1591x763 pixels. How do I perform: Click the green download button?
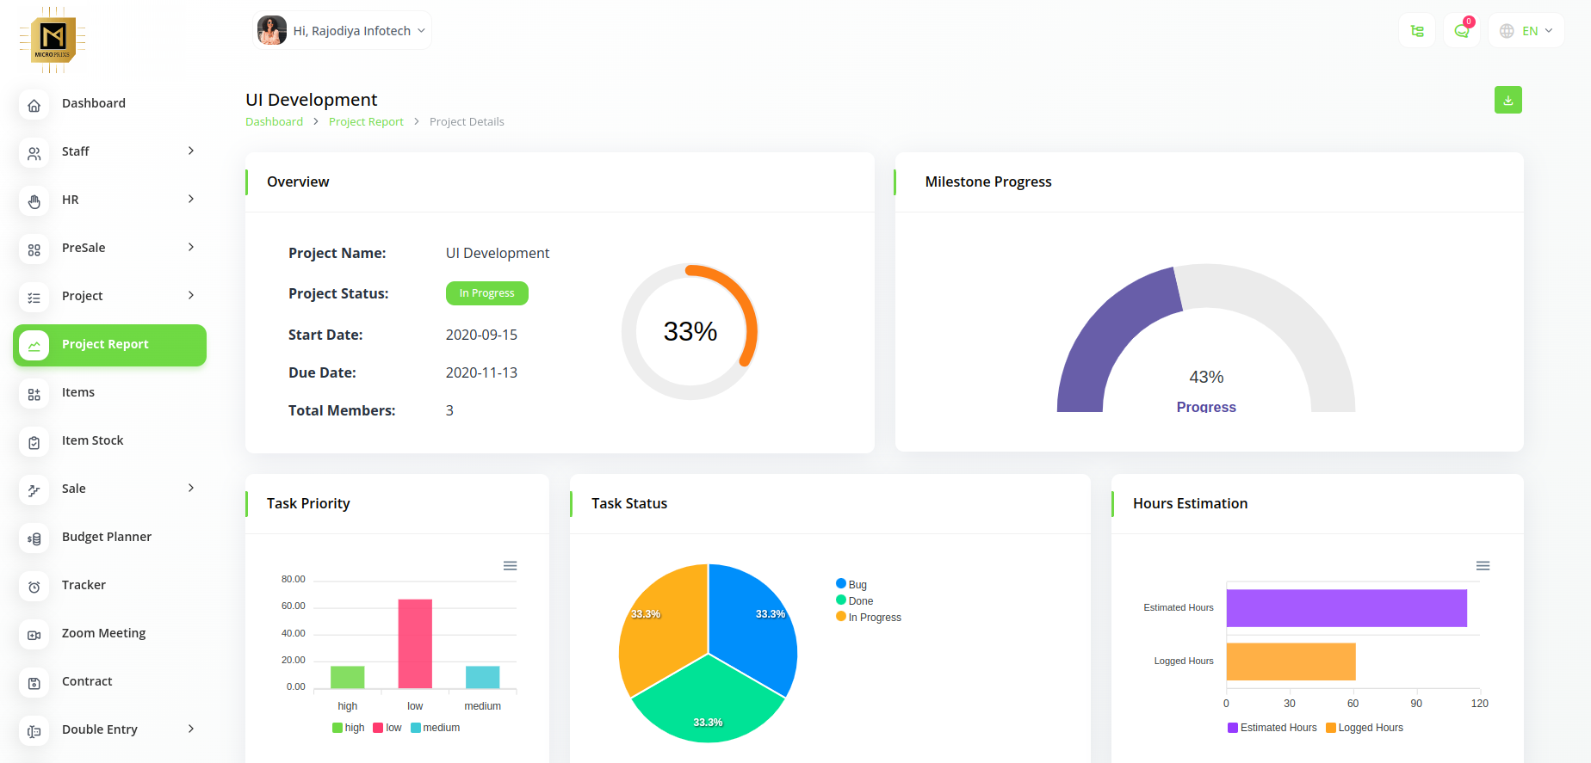pos(1507,100)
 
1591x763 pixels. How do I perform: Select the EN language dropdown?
pos(1526,31)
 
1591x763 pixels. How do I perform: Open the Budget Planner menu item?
pos(106,537)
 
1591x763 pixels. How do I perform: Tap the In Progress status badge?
pos(486,293)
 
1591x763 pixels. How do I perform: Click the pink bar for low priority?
pos(415,643)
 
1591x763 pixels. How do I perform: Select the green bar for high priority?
pos(347,677)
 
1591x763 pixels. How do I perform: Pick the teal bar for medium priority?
pos(482,677)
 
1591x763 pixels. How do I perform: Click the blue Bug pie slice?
pos(749,619)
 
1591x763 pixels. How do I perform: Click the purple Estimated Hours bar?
pos(1346,608)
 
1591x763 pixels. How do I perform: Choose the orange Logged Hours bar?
pos(1291,661)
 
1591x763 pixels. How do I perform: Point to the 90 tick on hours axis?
pos(1416,704)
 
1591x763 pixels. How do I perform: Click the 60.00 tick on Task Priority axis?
pos(294,606)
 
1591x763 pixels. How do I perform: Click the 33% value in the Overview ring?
pos(690,331)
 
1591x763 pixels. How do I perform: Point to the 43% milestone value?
pos(1206,378)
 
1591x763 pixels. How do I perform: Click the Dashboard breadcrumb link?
pos(274,122)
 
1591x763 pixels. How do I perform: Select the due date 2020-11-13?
pos(481,373)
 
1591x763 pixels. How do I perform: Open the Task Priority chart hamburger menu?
pos(510,566)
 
